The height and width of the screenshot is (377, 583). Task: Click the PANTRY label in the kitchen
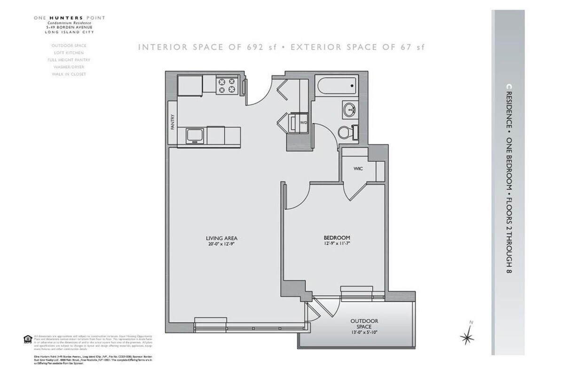173,123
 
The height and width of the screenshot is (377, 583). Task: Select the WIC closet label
359,168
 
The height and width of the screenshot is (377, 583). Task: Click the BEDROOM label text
336,237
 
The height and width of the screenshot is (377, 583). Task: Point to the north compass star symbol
467,337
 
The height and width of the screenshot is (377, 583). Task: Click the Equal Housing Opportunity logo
27,338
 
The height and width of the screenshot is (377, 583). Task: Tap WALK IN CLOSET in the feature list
69,74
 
